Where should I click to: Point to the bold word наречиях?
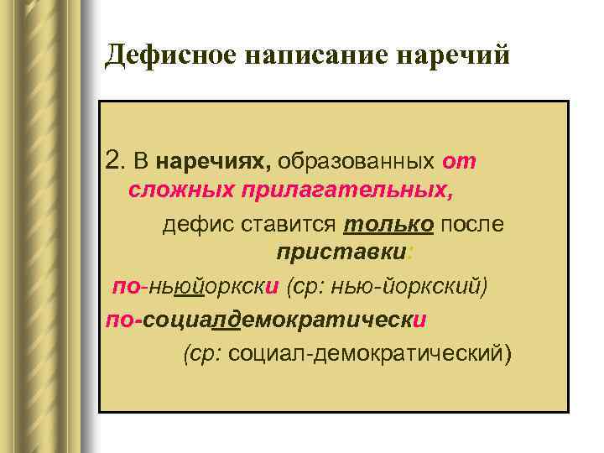pos(213,159)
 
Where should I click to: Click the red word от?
pos(459,159)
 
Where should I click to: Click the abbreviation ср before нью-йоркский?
pos(305,286)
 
